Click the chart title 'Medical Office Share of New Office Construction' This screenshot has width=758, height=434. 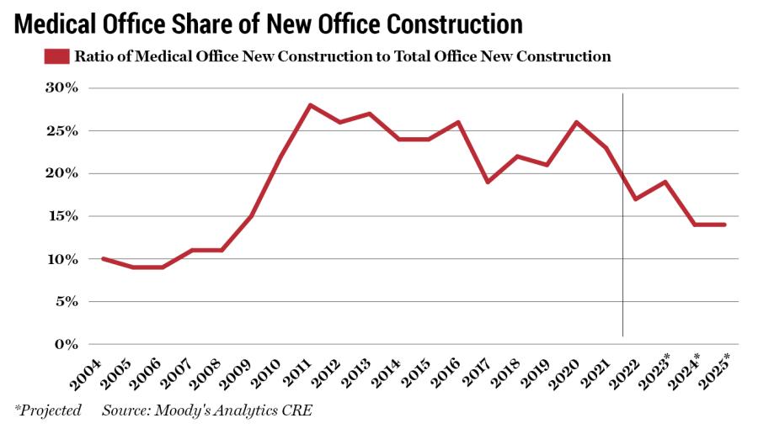[x=269, y=23]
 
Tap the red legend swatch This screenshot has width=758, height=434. [x=55, y=57]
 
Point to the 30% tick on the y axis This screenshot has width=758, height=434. [x=61, y=87]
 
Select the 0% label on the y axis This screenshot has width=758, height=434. [x=66, y=344]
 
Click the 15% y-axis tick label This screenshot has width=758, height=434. [x=61, y=216]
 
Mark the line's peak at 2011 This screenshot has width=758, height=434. [x=311, y=105]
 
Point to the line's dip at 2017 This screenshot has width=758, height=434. [x=488, y=182]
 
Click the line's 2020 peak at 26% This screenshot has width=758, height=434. [x=576, y=122]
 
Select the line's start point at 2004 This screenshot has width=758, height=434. [x=103, y=258]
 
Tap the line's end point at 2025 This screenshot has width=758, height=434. [x=724, y=225]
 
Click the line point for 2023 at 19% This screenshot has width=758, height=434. [x=665, y=182]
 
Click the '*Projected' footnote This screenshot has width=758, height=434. [x=47, y=410]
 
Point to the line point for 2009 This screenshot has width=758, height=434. [x=251, y=216]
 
